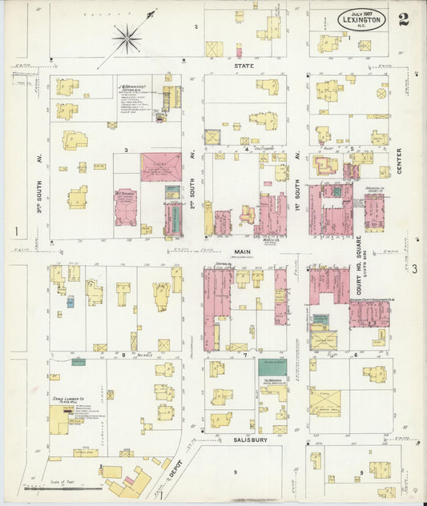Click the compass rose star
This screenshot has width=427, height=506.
point(127,37)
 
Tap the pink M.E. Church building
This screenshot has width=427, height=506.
point(126,207)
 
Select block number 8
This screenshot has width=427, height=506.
point(123,352)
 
